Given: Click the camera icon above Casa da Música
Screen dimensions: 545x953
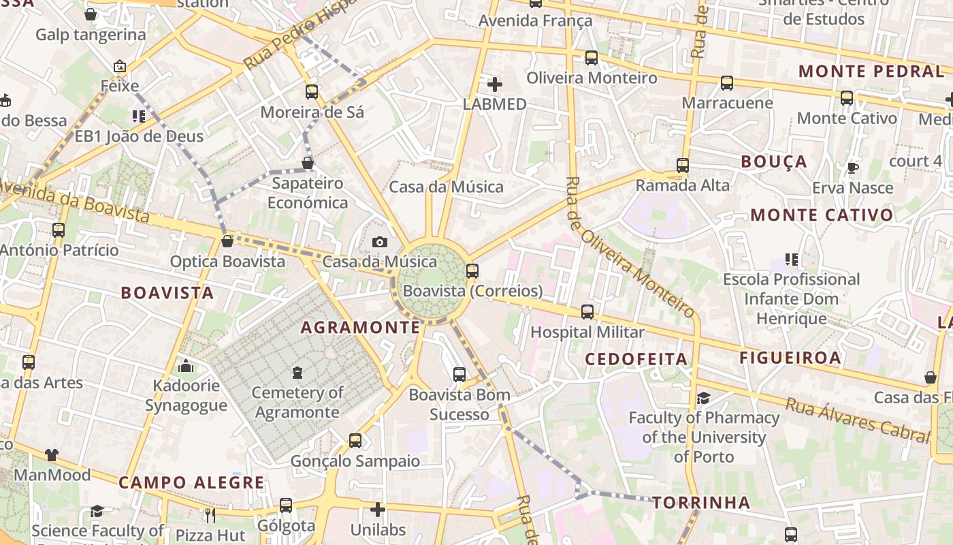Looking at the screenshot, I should [380, 242].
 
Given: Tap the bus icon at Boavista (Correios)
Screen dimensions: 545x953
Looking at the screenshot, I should [472, 271].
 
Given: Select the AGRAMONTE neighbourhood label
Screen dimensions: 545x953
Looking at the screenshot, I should [361, 328].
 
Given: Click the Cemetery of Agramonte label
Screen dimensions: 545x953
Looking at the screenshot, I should [297, 402].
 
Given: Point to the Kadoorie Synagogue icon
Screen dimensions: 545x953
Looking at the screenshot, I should [186, 367].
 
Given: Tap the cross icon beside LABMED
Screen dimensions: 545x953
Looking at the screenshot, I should [495, 84].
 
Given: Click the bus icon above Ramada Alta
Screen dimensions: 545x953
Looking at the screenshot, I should [683, 165].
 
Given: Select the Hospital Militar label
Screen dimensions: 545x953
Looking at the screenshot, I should [587, 332].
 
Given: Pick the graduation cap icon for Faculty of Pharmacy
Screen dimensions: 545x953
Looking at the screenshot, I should [704, 398].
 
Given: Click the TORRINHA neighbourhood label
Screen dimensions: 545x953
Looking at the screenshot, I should [701, 503].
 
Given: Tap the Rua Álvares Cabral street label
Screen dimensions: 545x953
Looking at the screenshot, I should [857, 420].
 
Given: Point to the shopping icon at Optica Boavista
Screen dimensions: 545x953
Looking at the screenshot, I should [227, 241].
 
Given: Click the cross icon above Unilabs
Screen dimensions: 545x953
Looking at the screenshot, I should [378, 510].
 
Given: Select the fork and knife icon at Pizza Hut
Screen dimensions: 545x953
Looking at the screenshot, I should [210, 515].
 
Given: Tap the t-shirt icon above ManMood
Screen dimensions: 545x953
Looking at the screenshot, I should [52, 454].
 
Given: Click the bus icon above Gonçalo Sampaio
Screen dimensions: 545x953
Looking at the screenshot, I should [355, 440].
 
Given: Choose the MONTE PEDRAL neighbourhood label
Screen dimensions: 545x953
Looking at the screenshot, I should [870, 72].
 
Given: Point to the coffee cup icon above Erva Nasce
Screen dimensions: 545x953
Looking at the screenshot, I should [852, 168].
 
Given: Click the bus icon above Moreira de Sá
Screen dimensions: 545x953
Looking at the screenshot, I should [312, 91].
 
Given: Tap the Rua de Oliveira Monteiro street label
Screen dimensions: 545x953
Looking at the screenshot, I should [630, 247].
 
